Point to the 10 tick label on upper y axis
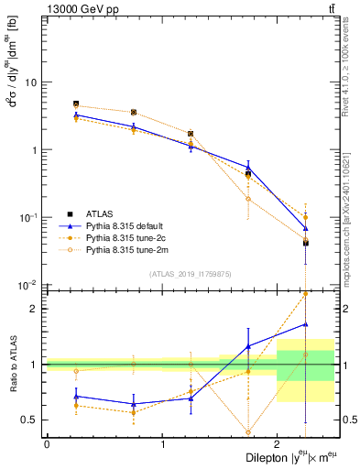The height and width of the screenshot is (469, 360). [x=30, y=82]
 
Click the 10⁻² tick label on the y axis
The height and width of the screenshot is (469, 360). [x=27, y=285]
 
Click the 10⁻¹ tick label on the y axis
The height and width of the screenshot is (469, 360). [x=27, y=217]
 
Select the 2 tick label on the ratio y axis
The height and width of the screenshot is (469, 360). [x=34, y=309]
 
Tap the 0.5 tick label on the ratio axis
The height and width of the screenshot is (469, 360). [x=29, y=420]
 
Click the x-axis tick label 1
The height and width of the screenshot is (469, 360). [x=162, y=444]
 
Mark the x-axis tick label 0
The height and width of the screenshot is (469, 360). [x=47, y=444]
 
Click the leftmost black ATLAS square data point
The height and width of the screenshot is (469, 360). [x=76, y=104]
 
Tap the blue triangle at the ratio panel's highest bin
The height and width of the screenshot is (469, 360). [x=305, y=323]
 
